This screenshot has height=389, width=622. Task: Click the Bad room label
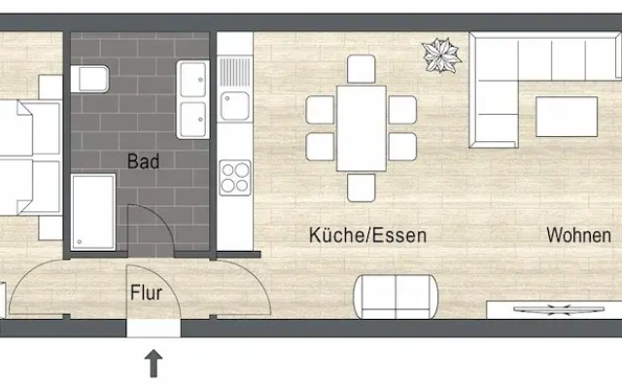coord(143,161)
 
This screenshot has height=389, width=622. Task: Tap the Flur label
coord(146,293)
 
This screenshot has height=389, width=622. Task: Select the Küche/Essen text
coord(367,235)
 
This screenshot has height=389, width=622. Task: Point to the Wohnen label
coord(579,235)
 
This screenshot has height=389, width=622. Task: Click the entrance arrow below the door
coord(154,363)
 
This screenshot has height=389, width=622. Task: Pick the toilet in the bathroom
coord(89,79)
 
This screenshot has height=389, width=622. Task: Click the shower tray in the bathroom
coord(93,212)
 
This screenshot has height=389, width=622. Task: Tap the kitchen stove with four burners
coord(235,177)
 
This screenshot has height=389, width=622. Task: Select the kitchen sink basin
coord(235,106)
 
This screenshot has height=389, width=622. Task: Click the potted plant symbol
coord(441,55)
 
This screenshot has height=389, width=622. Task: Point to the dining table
coord(362,128)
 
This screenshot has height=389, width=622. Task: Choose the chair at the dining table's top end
coord(361,69)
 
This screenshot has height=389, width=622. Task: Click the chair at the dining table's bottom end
coord(361,188)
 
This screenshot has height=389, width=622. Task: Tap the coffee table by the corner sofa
coord(567,117)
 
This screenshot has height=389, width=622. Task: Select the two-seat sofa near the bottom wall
coord(396,297)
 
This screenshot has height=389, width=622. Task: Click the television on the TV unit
coord(559,309)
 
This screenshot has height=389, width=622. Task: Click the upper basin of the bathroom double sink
coord(193,80)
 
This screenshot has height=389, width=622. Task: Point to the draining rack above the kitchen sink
coord(235,72)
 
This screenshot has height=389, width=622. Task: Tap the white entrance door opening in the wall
coord(154,329)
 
